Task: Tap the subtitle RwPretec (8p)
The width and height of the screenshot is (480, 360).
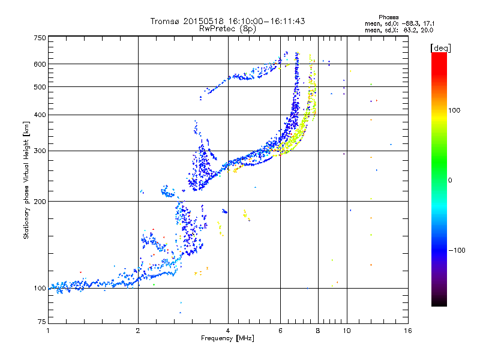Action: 228,28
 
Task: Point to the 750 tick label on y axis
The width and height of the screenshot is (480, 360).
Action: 40,38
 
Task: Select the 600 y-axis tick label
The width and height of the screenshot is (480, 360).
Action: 40,64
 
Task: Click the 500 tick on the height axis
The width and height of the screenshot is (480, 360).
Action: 40,86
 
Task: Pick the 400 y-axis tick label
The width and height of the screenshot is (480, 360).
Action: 40,115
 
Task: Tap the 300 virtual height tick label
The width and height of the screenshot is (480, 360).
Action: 40,151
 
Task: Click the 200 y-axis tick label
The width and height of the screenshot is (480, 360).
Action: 40,201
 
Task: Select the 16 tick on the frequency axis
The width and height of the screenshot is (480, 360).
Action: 408,331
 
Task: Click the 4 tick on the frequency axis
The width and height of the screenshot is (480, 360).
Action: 228,331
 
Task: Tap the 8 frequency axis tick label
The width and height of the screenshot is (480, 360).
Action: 318,331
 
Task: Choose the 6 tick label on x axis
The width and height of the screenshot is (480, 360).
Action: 280,331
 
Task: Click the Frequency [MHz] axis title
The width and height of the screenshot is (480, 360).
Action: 227,339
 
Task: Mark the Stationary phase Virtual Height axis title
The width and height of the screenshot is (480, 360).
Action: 26,180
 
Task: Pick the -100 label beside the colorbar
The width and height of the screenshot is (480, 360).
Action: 457,250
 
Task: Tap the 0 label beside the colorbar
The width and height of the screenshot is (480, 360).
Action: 451,180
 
